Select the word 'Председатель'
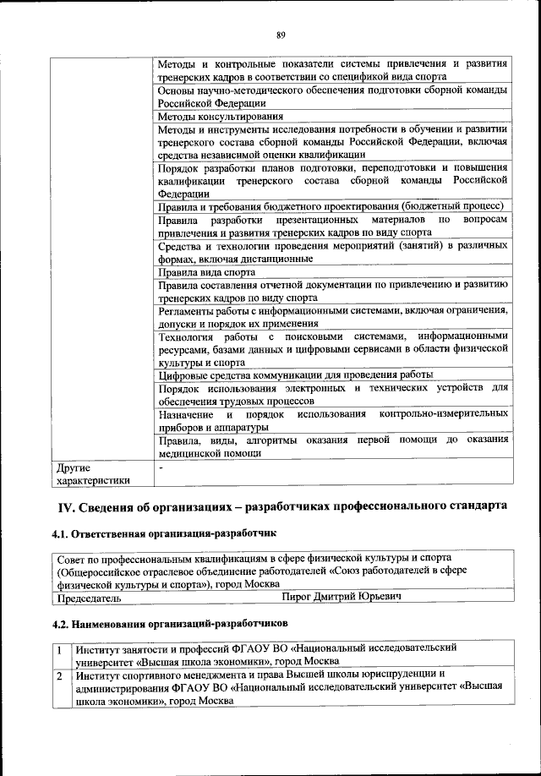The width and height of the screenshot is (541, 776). pyautogui.click(x=88, y=598)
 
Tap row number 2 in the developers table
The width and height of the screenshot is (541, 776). pyautogui.click(x=60, y=675)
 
